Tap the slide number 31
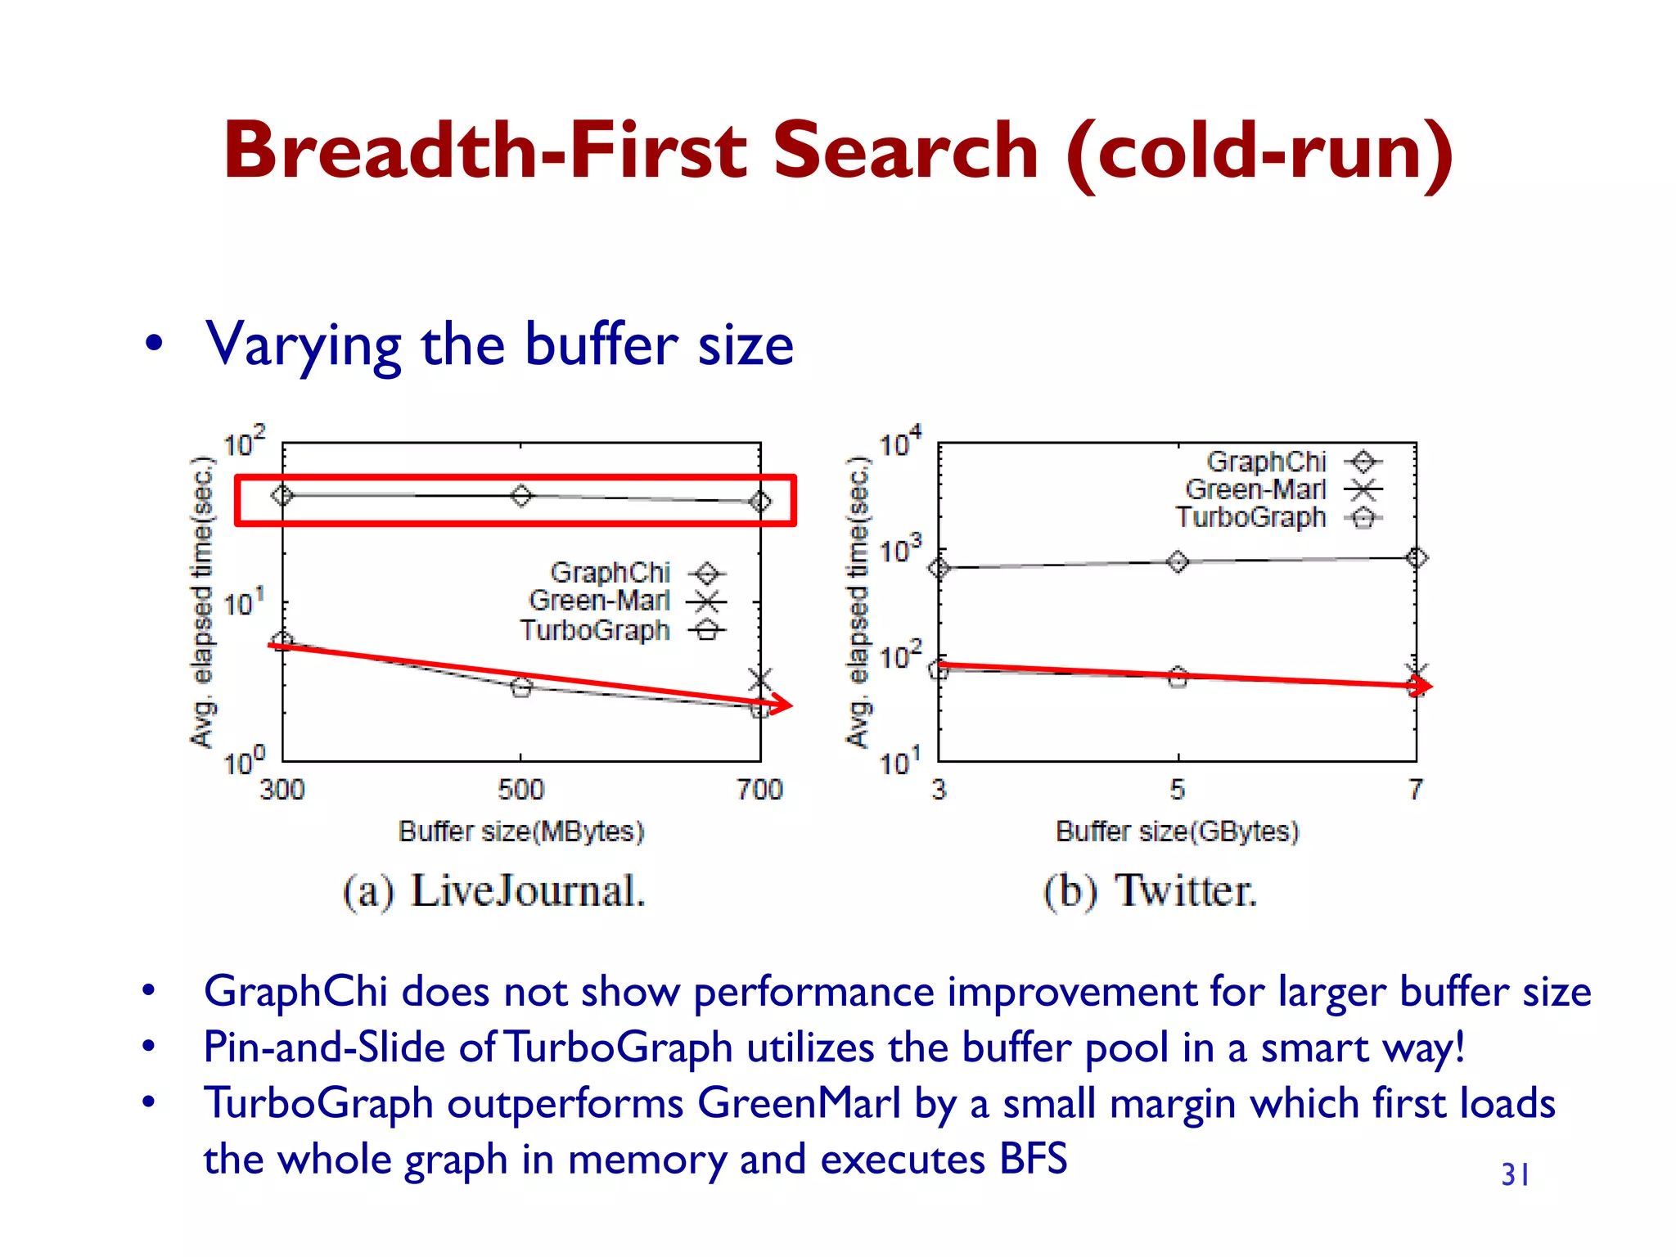point(1515,1175)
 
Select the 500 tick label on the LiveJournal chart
point(520,790)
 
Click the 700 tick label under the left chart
point(759,790)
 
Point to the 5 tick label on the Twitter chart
point(1177,790)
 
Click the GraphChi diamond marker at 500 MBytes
point(521,495)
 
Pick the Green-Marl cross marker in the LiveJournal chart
point(760,678)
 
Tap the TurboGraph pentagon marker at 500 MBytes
point(521,687)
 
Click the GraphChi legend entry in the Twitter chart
point(1293,462)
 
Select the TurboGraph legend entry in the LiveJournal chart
point(622,631)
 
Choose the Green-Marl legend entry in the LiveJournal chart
point(626,601)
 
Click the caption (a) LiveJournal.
point(494,891)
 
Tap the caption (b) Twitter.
point(1150,891)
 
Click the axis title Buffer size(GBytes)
point(1177,831)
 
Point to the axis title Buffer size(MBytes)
point(521,831)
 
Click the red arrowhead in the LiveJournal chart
point(782,704)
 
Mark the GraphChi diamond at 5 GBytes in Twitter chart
point(1178,561)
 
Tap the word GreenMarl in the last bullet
point(798,1104)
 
